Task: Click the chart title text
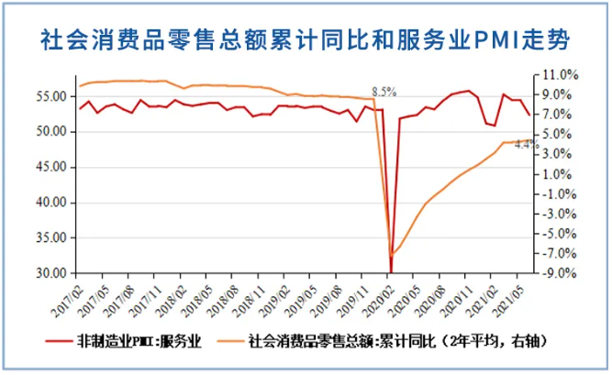(306, 39)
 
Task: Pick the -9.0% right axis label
(559, 273)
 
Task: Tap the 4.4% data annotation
(525, 144)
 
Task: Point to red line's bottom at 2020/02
(391, 271)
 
